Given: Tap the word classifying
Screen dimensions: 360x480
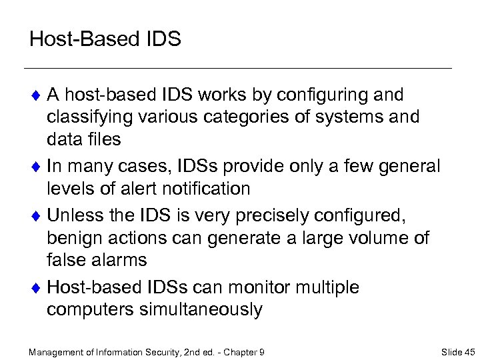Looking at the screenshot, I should [92, 117].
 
